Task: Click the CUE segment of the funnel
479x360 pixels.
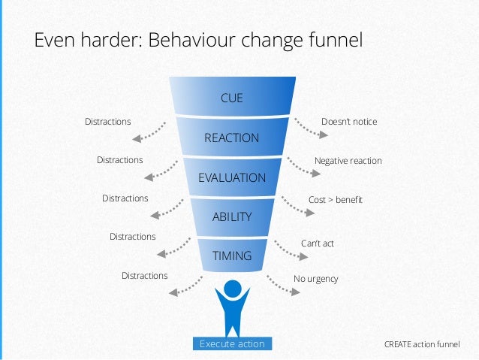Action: (x=231, y=98)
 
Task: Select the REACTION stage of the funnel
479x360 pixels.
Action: (x=231, y=138)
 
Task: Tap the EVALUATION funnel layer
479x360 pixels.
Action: (x=231, y=178)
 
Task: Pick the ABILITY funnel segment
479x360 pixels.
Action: (x=231, y=217)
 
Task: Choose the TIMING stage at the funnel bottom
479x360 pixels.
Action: (x=231, y=256)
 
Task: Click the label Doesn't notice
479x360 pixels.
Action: (x=348, y=122)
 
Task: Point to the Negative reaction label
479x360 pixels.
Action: (x=348, y=161)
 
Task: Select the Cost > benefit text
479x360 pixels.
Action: (x=336, y=200)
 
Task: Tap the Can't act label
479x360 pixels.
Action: (x=317, y=244)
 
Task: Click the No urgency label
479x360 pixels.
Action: (x=315, y=279)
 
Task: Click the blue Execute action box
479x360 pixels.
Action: (x=232, y=344)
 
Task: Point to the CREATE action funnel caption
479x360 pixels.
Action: (x=421, y=344)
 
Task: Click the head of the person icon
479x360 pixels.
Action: (x=232, y=288)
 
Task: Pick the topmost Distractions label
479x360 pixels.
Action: (x=107, y=122)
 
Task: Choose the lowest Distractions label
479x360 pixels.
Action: (x=144, y=276)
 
